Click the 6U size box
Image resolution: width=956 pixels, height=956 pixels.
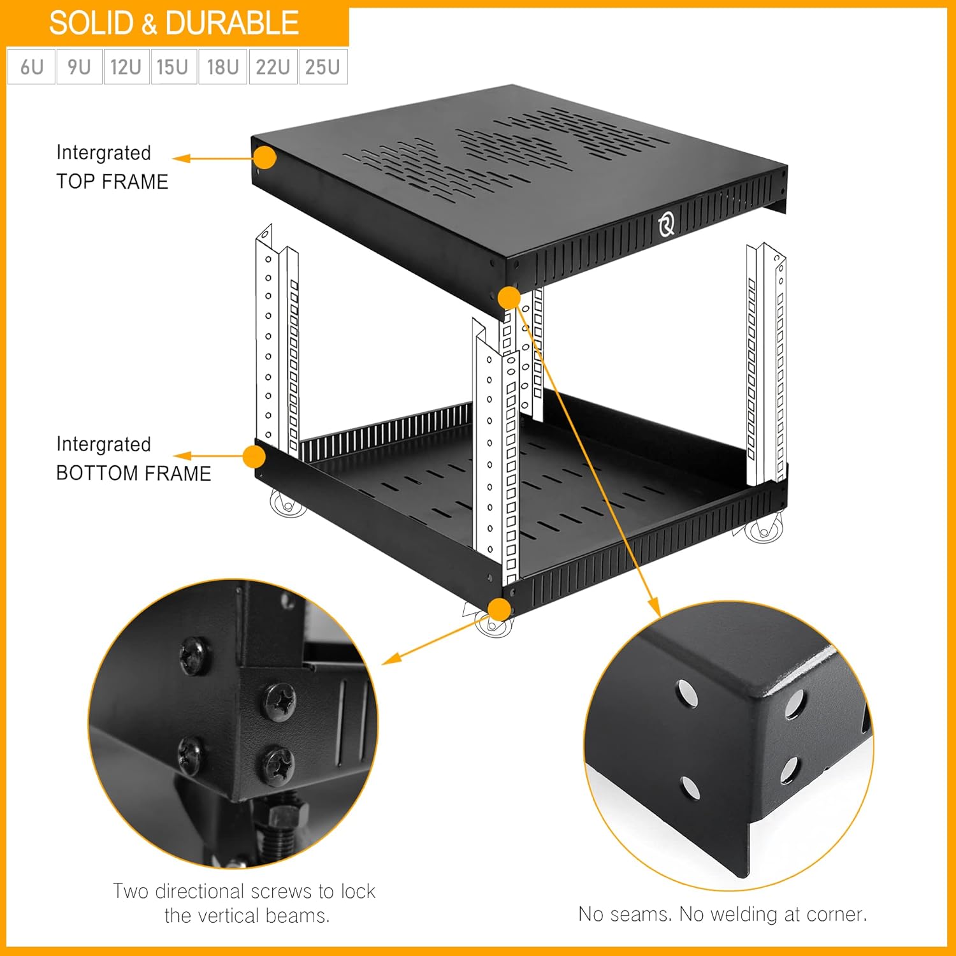[x=31, y=67]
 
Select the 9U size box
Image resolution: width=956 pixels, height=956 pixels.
[x=79, y=67]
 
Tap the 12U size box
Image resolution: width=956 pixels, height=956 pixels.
[x=126, y=67]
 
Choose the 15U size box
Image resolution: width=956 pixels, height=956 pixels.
[x=173, y=67]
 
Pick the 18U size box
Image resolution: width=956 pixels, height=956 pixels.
[x=222, y=67]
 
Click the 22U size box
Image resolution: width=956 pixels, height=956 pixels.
[x=273, y=67]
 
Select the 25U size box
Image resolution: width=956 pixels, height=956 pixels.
[x=322, y=67]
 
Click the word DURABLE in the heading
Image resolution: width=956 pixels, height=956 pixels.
[x=232, y=24]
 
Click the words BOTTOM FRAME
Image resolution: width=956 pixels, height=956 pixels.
[x=133, y=474]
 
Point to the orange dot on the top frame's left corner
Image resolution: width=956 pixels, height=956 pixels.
[x=264, y=157]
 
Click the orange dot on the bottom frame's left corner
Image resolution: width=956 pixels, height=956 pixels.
[x=254, y=457]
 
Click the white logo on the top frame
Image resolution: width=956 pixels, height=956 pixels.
[x=667, y=224]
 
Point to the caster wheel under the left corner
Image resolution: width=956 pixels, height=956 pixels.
[x=287, y=503]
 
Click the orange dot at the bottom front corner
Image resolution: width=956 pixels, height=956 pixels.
[x=501, y=610]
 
